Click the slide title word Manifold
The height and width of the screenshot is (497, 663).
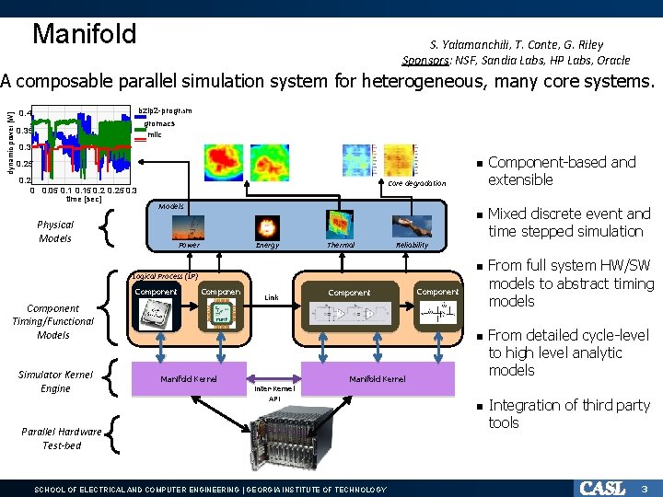pyautogui.click(x=84, y=34)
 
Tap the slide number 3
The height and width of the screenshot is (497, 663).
pyautogui.click(x=646, y=488)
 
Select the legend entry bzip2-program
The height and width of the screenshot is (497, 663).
pyautogui.click(x=165, y=110)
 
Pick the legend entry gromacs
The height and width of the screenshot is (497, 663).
pyautogui.click(x=161, y=122)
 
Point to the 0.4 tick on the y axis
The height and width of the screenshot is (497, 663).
pyautogui.click(x=26, y=114)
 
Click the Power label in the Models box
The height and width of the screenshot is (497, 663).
pyautogui.click(x=189, y=246)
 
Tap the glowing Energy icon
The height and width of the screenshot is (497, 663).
pyautogui.click(x=268, y=226)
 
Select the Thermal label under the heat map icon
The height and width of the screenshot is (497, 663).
pyautogui.click(x=341, y=246)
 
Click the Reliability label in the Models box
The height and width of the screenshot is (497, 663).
pyautogui.click(x=411, y=246)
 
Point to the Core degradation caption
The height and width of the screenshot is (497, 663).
pyautogui.click(x=416, y=184)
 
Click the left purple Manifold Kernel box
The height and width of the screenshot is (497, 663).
pyautogui.click(x=189, y=378)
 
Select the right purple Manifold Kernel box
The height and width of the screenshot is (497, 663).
pyautogui.click(x=378, y=378)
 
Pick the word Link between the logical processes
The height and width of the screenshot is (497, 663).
pyautogui.click(x=272, y=297)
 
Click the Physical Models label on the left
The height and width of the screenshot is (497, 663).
pyautogui.click(x=55, y=231)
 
